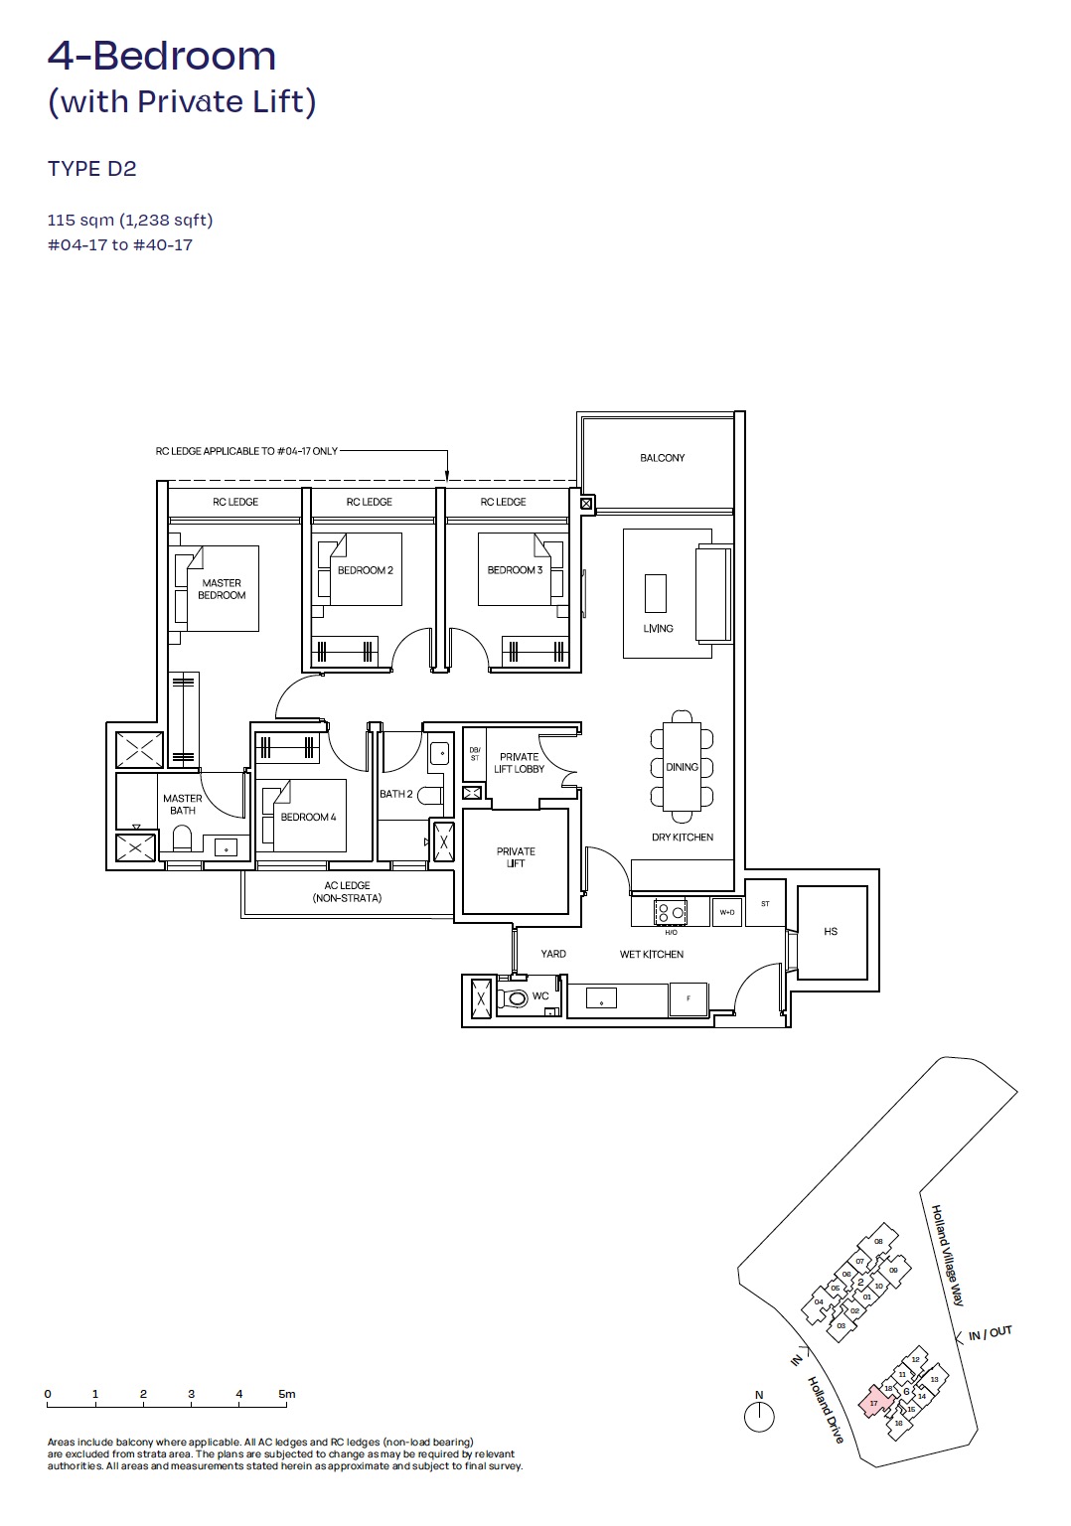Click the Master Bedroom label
[222, 589]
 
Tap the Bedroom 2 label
[365, 570]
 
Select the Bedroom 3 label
[515, 570]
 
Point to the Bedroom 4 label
[308, 817]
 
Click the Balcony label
[662, 458]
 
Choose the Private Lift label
[516, 857]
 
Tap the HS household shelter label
[831, 932]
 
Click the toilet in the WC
[515, 997]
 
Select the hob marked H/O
[671, 911]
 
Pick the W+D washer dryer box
[727, 912]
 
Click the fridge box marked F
[688, 999]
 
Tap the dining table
[682, 767]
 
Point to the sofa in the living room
[713, 593]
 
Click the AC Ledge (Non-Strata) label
[347, 891]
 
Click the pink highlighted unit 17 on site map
[874, 1402]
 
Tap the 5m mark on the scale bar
[287, 1395]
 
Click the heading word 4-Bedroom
[162, 57]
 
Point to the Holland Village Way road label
[947, 1255]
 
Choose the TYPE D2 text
[92, 169]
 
